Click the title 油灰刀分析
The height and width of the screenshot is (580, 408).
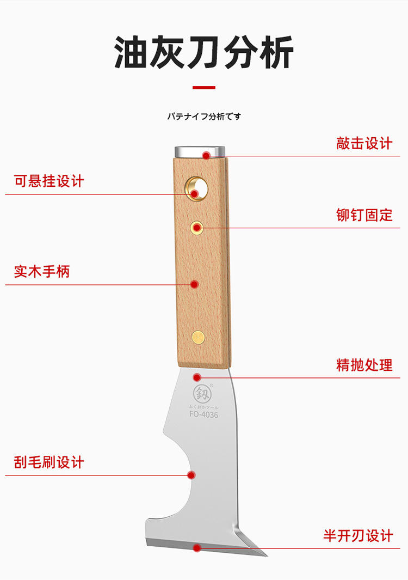tap(204, 52)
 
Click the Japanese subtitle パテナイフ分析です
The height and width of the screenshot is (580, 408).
tap(204, 117)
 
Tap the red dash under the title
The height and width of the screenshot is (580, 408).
tap(204, 87)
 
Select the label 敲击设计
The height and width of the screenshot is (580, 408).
tap(364, 144)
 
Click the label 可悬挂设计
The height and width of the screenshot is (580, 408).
tap(49, 181)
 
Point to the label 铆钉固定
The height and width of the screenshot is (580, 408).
tap(364, 215)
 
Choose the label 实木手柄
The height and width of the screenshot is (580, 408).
tap(42, 271)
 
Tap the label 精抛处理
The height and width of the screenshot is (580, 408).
tap(364, 365)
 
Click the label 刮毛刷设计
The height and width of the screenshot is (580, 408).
tap(49, 462)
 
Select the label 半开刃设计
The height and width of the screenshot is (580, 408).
tap(358, 536)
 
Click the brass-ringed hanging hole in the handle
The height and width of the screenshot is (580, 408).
tap(197, 188)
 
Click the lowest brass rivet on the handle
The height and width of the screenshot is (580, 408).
tap(199, 337)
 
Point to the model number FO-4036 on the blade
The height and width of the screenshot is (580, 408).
tap(203, 414)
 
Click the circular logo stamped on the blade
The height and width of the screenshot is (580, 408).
tap(202, 394)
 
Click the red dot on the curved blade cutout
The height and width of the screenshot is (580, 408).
tap(191, 475)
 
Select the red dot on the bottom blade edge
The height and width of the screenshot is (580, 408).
tap(197, 547)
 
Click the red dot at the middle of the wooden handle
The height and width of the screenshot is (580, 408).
tap(194, 284)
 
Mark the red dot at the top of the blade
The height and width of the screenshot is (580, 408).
tap(197, 377)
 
